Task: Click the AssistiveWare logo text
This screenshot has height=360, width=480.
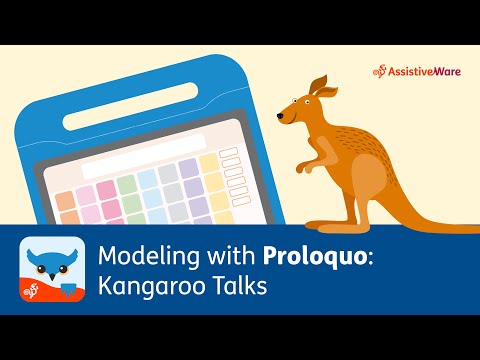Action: tap(425, 72)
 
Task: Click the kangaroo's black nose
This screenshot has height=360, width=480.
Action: tap(280, 118)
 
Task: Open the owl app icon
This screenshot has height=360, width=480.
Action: tap(50, 270)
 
